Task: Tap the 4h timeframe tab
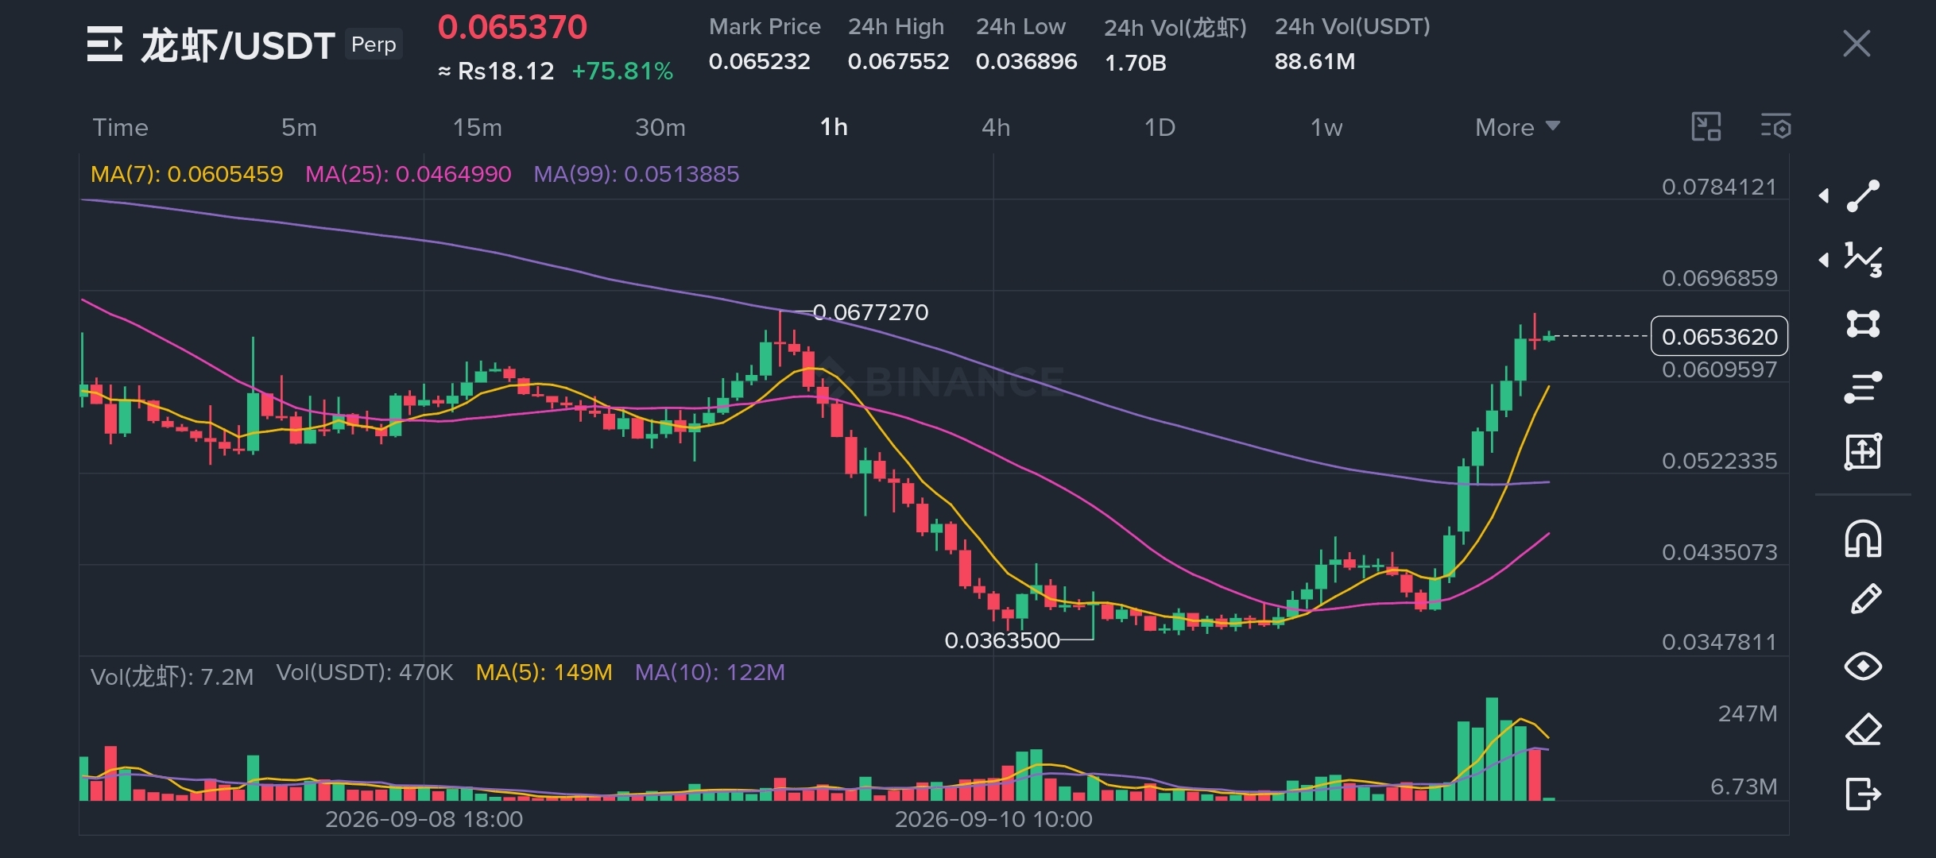(996, 127)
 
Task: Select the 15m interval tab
(477, 127)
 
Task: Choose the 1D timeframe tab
(1160, 127)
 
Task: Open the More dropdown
(1517, 127)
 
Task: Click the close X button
(1857, 44)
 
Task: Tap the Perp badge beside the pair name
(374, 44)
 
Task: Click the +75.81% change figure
(622, 71)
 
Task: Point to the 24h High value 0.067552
(898, 61)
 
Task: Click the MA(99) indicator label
(636, 174)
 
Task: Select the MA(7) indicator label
(187, 174)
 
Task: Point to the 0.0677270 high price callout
(871, 312)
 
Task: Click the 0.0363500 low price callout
(1002, 640)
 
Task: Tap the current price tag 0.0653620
(1720, 336)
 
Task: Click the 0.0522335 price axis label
(1719, 461)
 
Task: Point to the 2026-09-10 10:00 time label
(993, 819)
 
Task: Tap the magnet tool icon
(1863, 539)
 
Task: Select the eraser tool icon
(1863, 729)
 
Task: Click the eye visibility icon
(1863, 666)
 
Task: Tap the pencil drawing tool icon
(1864, 600)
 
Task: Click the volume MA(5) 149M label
(544, 673)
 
